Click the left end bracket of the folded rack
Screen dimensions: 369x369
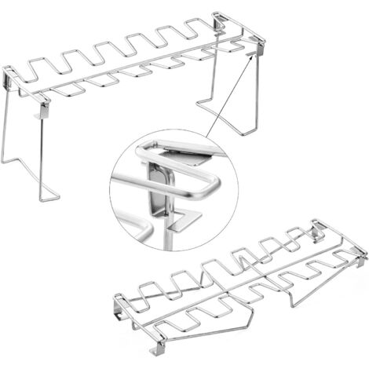(118, 302)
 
